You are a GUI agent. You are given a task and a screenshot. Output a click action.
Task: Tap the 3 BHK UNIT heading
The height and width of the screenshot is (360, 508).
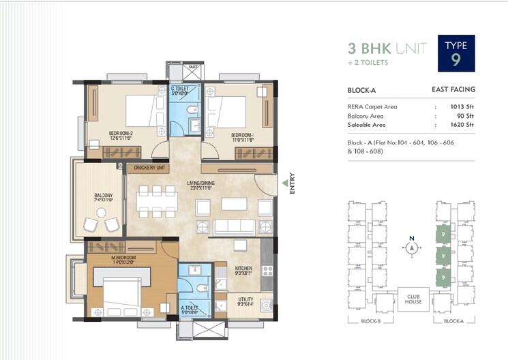pyautogui.click(x=387, y=48)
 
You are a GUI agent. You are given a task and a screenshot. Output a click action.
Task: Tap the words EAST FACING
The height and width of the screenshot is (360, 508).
pyautogui.click(x=453, y=89)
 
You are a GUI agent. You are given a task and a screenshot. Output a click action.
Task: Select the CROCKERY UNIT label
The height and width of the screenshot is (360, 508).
pyautogui.click(x=150, y=168)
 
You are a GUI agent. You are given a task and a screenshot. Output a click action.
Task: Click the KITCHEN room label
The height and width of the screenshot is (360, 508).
pyautogui.click(x=243, y=269)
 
